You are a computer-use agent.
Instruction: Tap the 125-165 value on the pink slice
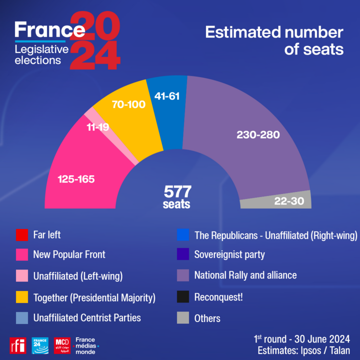pos(76,179)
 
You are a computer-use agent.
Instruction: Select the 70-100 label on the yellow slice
pos(128,105)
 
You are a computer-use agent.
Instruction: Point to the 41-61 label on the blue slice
pos(166,95)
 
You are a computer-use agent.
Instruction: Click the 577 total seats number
pos(178,191)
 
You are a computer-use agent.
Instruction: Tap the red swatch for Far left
pos(22,234)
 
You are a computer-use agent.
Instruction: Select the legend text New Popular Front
pos(69,254)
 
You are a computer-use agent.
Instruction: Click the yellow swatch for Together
pos(22,297)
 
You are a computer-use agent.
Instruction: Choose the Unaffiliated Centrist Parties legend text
pos(87,317)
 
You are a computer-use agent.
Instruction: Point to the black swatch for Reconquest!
pos(183,297)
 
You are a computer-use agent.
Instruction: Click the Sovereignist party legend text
pos(229,254)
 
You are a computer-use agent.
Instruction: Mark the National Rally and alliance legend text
pos(245,275)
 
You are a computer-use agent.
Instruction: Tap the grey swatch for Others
pos(183,317)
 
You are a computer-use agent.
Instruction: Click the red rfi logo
pos(17,345)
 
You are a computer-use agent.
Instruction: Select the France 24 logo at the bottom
pos(39,345)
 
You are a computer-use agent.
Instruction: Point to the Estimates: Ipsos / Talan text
pos(303,350)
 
